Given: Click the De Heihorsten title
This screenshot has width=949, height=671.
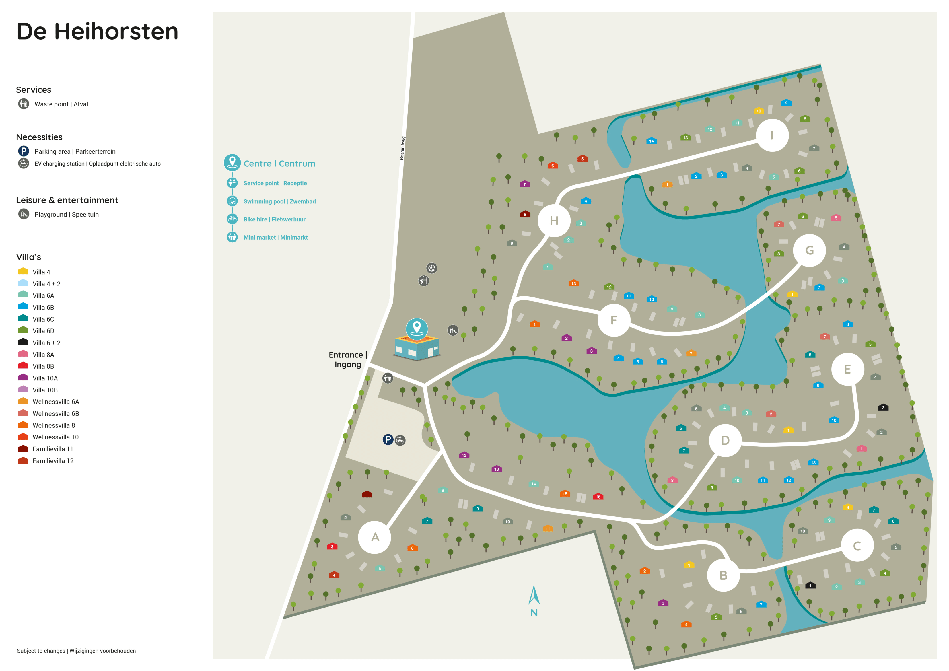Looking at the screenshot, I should (97, 32).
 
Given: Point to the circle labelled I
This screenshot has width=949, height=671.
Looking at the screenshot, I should (772, 135).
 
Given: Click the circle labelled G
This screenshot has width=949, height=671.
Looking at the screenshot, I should (809, 250).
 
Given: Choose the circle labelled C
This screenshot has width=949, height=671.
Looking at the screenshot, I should (857, 545).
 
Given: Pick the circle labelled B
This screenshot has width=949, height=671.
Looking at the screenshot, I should (723, 575).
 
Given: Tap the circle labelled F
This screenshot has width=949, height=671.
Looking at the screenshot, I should (614, 320).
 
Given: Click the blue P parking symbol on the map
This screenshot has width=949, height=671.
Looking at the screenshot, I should (388, 439).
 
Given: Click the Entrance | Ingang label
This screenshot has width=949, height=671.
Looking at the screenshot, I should (348, 359).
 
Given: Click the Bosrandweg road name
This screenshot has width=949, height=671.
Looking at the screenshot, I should (402, 148).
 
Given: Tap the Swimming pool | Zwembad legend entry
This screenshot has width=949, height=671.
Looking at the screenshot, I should (279, 201).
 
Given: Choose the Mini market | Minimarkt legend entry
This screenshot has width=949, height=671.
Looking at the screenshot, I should (275, 237).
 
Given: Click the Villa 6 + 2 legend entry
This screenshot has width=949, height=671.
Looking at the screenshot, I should (46, 343).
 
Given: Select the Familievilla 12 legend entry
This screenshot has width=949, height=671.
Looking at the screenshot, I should (53, 460).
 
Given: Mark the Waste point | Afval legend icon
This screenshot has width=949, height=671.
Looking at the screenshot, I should (24, 104).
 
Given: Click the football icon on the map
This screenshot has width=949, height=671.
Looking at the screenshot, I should (431, 268).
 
